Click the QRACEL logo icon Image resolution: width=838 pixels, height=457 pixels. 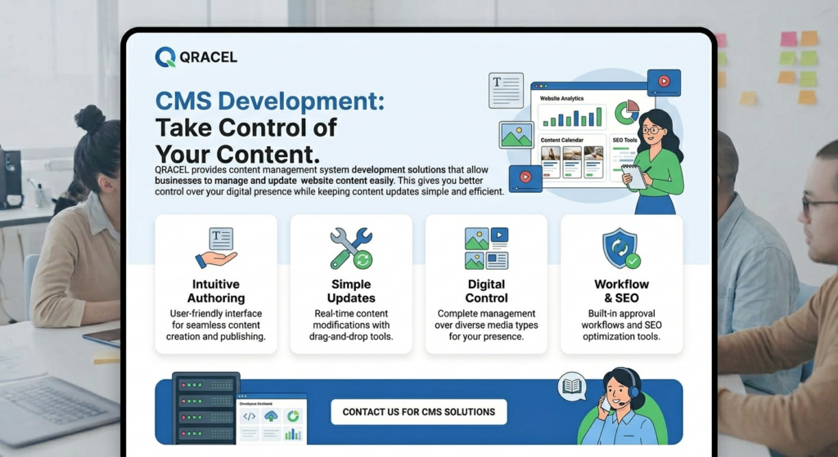[165, 56]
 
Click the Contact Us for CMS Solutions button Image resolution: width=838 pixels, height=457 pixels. [419, 411]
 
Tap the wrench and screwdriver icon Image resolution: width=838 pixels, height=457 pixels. [351, 249]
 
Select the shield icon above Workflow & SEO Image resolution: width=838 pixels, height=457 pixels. [621, 249]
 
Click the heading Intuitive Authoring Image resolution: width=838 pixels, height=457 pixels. [216, 291]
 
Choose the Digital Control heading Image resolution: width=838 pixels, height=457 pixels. [486, 291]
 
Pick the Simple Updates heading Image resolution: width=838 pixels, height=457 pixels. [351, 291]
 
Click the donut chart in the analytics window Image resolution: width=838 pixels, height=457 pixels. [627, 112]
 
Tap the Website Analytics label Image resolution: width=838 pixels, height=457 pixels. [561, 98]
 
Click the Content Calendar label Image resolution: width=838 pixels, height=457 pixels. [561, 140]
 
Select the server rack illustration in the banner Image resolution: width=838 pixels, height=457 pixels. [205, 408]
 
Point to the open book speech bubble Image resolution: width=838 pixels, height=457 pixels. [572, 386]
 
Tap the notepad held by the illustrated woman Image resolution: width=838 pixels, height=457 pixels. [634, 177]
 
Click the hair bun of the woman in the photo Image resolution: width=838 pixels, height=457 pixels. [90, 119]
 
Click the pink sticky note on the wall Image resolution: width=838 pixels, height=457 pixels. [788, 38]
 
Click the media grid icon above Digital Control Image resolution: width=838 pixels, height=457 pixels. [486, 249]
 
